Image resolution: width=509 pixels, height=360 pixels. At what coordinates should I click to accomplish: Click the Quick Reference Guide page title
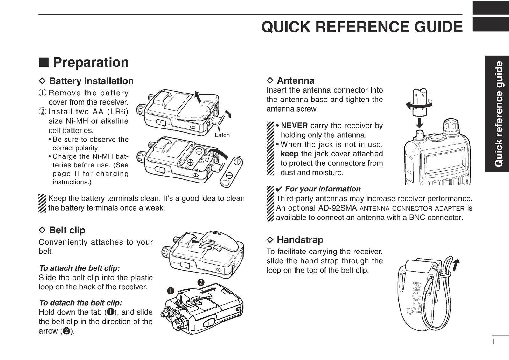(362, 27)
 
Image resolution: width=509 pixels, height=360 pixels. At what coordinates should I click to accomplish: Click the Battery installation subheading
(91, 81)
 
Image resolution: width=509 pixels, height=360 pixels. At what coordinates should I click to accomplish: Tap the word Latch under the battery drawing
(222, 135)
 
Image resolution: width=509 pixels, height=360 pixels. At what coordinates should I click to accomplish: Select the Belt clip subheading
(67, 230)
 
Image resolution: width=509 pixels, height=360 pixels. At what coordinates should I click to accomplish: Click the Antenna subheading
(295, 80)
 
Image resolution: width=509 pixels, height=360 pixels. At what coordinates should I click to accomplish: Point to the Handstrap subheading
(300, 240)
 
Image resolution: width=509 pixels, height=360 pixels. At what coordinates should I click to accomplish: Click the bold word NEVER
(294, 126)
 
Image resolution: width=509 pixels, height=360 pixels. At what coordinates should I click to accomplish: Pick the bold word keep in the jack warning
(289, 154)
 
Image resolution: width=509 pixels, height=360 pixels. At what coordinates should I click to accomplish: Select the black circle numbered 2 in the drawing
(200, 282)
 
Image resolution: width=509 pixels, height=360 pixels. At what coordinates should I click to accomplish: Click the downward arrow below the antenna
(420, 123)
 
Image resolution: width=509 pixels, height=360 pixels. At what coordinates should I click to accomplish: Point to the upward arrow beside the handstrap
(457, 264)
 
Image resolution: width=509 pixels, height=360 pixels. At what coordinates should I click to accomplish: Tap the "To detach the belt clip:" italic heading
(80, 303)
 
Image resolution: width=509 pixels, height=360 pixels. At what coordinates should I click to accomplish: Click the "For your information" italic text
(323, 189)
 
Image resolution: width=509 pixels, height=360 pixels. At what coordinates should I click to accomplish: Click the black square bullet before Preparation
(44, 63)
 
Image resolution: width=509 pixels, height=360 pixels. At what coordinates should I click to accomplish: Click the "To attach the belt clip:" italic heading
(79, 268)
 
